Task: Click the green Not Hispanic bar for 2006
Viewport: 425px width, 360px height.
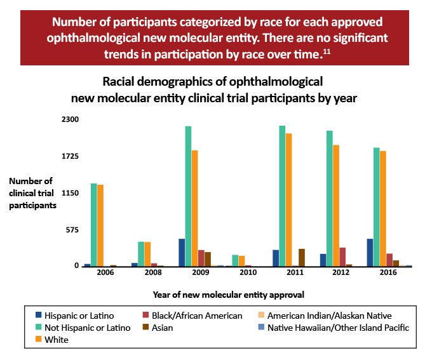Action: (94, 225)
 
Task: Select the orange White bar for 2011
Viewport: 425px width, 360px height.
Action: (288, 200)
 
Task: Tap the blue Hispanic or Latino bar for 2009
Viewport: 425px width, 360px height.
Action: (182, 253)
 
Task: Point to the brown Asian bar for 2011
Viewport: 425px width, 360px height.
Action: (302, 258)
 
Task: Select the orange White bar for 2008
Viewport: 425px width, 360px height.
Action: (147, 254)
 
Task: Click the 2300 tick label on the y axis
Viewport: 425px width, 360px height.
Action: (69, 119)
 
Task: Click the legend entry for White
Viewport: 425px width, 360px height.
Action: (57, 340)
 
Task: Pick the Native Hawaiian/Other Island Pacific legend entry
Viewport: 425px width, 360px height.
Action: (338, 328)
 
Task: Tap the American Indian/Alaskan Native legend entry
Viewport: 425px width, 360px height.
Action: (329, 316)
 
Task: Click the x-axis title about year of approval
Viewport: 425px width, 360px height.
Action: (228, 294)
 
